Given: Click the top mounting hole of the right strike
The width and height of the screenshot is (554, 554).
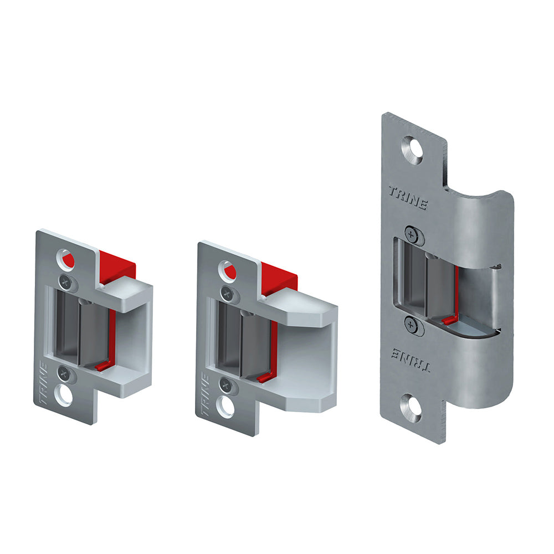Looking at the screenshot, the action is click(x=413, y=150).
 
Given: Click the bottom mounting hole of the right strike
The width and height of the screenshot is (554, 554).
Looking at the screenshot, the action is click(x=411, y=408).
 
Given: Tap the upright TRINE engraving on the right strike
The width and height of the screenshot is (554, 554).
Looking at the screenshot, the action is click(x=408, y=198).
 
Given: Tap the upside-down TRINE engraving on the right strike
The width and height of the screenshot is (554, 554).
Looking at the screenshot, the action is click(x=411, y=359).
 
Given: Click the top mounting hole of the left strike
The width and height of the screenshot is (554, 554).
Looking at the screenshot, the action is click(x=66, y=259).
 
